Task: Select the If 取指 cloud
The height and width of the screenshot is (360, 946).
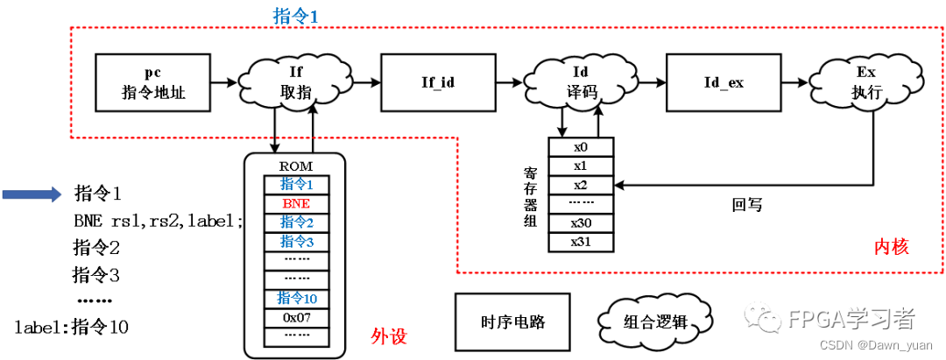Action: tap(294, 82)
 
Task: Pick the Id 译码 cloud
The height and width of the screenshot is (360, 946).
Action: tap(580, 82)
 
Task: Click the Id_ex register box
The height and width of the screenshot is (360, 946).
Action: tap(724, 81)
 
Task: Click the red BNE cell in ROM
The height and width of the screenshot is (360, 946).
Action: tap(295, 202)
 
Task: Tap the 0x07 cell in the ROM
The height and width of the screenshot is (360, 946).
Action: tap(295, 317)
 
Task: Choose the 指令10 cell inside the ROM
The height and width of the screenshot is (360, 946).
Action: tap(295, 299)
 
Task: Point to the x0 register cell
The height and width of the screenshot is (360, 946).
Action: tap(580, 147)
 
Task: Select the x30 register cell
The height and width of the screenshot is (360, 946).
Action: tap(580, 223)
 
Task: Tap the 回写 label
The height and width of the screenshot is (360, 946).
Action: tap(747, 205)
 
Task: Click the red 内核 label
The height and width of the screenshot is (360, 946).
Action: tap(892, 248)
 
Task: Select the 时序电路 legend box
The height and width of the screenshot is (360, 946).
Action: tap(513, 321)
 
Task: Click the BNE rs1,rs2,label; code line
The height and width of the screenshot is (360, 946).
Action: tap(158, 221)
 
